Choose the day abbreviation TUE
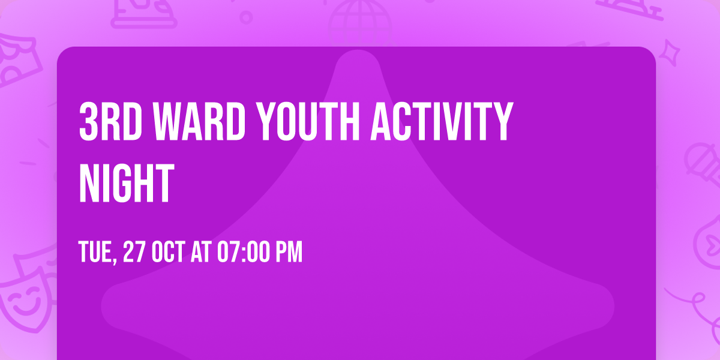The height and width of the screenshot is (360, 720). [x=96, y=253]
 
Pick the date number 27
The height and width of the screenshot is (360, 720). [x=134, y=253]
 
